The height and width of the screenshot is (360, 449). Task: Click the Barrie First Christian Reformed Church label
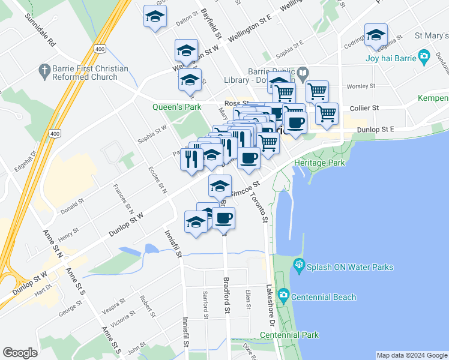(x=90, y=73)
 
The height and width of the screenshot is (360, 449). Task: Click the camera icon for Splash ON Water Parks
(x=298, y=264)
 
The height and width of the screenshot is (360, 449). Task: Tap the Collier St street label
(x=367, y=108)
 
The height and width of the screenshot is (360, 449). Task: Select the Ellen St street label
(x=247, y=299)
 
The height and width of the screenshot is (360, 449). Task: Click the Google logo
(x=20, y=353)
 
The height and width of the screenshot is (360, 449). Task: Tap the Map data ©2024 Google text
(x=411, y=355)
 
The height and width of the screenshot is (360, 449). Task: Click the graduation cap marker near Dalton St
(x=155, y=17)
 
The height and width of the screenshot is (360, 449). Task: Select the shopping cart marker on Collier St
(x=327, y=113)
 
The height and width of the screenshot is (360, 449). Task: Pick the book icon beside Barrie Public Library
(x=302, y=74)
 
